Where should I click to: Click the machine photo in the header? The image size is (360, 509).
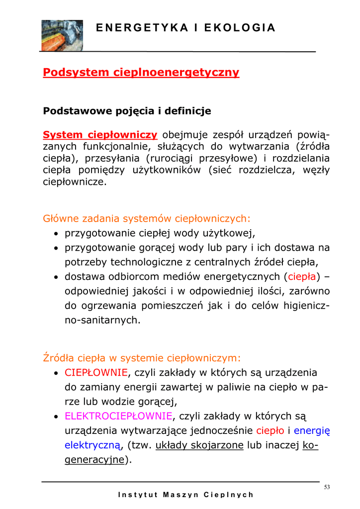(62, 35)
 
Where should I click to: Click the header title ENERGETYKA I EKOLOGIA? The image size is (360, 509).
(185, 28)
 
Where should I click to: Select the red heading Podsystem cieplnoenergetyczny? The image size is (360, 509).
(141, 73)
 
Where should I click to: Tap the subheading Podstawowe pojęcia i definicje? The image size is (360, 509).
(127, 111)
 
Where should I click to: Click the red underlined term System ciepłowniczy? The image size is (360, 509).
(100, 135)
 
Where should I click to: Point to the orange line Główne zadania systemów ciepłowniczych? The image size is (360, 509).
(147, 218)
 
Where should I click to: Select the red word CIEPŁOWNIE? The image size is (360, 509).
(96, 373)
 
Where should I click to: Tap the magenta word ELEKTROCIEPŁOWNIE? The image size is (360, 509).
(119, 416)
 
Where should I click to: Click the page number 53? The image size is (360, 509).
(327, 487)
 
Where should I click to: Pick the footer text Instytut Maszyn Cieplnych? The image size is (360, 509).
(186, 495)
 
